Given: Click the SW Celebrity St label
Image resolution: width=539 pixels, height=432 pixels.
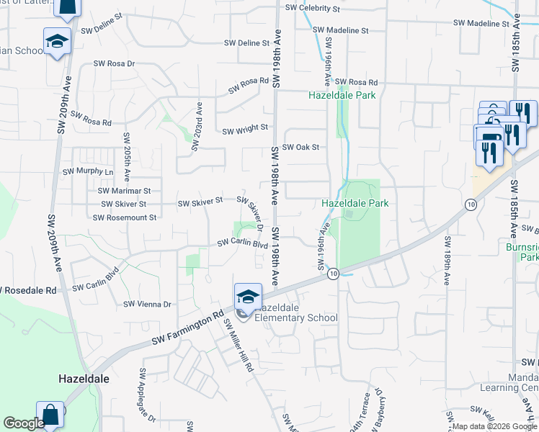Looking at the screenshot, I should [x=312, y=8].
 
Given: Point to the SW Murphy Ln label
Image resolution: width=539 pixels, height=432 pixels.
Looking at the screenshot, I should [x=89, y=172].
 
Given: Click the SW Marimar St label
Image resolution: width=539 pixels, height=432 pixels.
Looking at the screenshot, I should [x=124, y=191].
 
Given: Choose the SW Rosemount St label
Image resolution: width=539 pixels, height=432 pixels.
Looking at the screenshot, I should [x=129, y=216].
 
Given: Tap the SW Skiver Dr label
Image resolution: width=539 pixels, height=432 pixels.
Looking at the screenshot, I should [x=249, y=213].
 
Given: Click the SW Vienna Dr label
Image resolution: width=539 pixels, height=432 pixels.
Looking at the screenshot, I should [x=147, y=305].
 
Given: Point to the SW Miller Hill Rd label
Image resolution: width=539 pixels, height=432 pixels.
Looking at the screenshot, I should [x=239, y=345].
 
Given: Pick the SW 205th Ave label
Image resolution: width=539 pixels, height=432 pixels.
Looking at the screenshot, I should [x=126, y=156].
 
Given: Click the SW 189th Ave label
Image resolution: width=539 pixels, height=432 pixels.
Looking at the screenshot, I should [x=447, y=261].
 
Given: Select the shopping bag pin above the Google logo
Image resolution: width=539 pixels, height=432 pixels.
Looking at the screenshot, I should [x=50, y=415].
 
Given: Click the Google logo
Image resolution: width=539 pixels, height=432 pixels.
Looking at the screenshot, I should [x=24, y=423].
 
